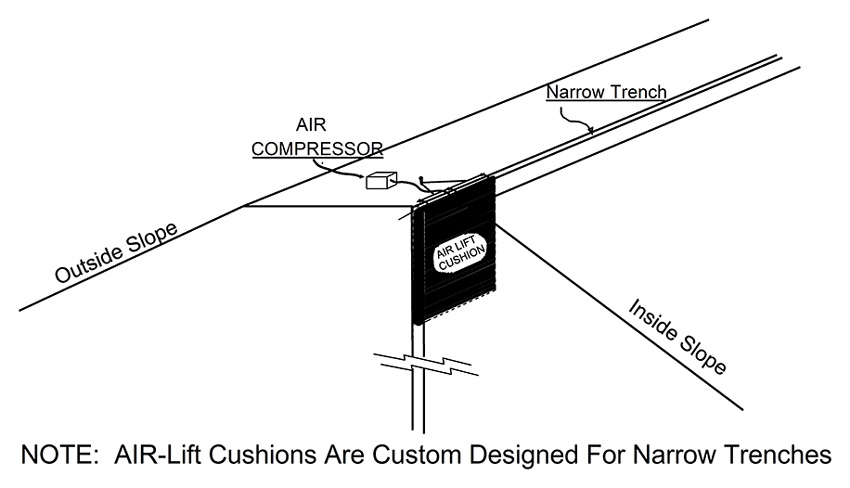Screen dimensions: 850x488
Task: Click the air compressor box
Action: coord(382,180)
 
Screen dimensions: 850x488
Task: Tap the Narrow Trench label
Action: coord(606,92)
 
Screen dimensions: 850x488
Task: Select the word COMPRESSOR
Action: coord(317,149)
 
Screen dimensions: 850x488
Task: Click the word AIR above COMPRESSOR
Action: coord(311,125)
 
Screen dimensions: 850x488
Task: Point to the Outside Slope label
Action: coord(116,252)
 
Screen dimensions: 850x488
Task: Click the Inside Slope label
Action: coord(678,337)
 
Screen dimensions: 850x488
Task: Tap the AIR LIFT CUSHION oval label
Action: coord(461,253)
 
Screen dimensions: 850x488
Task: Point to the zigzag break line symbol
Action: coord(426,364)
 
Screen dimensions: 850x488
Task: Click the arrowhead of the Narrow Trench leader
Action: coord(590,130)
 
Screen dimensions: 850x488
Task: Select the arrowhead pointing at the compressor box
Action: coord(363,176)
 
